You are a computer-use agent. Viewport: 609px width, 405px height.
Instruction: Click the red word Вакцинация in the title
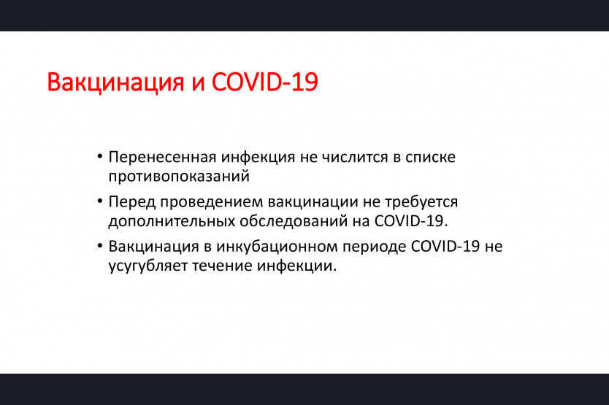point(115,82)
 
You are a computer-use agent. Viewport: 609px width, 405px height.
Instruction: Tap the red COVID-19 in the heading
point(265,82)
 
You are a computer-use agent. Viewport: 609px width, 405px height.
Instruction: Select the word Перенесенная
point(162,158)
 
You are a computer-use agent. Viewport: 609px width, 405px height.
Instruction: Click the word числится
point(355,158)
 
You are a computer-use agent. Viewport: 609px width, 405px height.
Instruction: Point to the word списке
point(430,158)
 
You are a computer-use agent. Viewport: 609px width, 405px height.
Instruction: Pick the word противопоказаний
point(179,177)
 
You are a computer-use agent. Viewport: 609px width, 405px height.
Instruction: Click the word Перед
point(131,202)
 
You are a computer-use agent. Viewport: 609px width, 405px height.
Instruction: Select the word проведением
point(211,202)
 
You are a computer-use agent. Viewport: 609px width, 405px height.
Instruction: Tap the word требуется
point(421,202)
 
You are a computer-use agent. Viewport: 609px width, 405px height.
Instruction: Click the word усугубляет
point(148,266)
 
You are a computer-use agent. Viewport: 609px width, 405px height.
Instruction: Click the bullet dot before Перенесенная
point(100,157)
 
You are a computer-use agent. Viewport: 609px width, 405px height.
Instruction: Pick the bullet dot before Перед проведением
point(100,201)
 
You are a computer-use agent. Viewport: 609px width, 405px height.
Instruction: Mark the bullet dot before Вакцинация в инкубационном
point(100,246)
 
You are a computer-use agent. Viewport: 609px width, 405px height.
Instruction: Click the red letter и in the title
point(198,84)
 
